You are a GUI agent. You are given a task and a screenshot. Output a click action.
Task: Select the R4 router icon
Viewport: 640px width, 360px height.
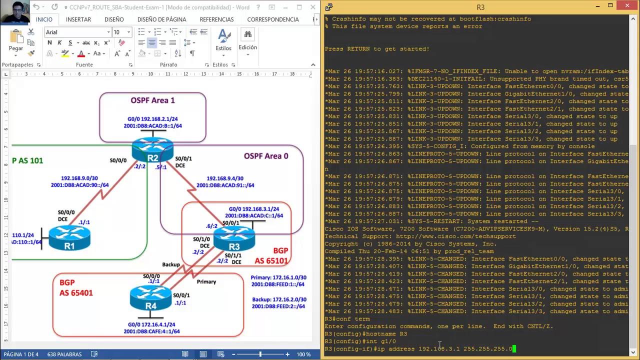coord(150,298)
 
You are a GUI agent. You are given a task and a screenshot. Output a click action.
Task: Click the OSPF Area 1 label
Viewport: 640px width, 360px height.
coord(152,100)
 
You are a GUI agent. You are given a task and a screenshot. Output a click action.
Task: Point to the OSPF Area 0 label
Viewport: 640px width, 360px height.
coord(265,156)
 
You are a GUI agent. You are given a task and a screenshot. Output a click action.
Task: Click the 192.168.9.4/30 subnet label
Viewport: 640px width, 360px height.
coord(225,178)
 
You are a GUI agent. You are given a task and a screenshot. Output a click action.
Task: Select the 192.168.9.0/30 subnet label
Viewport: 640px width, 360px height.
coord(79,178)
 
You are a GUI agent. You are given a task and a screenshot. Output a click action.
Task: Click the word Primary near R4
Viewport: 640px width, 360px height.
coord(206,282)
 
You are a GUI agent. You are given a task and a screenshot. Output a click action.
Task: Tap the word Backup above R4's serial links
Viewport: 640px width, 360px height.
coord(171,264)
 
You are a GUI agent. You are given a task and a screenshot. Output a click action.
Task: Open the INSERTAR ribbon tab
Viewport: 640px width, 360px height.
coord(78,19)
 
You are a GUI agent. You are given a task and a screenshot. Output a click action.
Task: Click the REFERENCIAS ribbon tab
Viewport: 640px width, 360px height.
coord(216,19)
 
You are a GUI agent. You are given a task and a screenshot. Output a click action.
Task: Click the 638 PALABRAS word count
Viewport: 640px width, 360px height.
coord(64,354)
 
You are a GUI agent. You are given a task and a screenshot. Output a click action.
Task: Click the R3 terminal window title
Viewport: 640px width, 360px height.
coord(480,7)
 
